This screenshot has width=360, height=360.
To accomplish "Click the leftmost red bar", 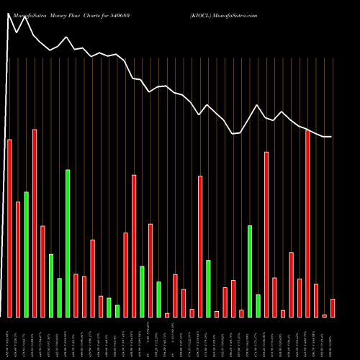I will (x=9, y=228).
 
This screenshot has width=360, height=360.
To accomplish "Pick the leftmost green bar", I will (x=26, y=254).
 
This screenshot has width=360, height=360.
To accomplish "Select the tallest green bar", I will (x=68, y=243).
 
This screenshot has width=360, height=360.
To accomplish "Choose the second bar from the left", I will (x=18, y=259).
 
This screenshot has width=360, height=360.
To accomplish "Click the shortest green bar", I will (x=117, y=311).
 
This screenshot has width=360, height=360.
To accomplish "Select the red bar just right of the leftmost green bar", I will (x=35, y=223).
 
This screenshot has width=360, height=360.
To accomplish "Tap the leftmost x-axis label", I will (x=9, y=338).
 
